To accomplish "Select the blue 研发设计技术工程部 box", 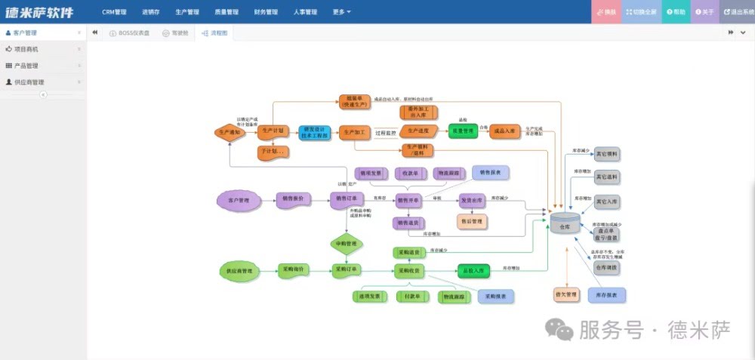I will coord(314,132).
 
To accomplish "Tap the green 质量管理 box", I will coord(462,131).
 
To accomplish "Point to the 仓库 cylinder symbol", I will coord(565,224).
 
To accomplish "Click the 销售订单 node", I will coord(346,199).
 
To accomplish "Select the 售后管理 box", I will coord(472,221).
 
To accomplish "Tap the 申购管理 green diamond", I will coord(346,244).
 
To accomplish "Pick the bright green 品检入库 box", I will coord(474,269).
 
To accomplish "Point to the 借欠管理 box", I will coord(566,294).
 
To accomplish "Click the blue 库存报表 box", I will coord(607,294).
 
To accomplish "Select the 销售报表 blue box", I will coord(490,173).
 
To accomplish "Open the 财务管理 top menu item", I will coord(266,12).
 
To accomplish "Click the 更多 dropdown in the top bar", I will coord(341,12).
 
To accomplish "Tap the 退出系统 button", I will coord(738,12).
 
